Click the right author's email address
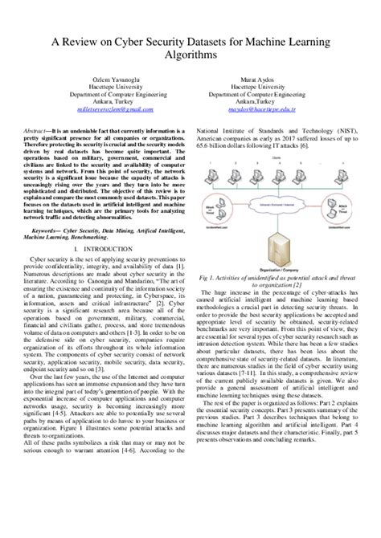[x=265, y=114]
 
